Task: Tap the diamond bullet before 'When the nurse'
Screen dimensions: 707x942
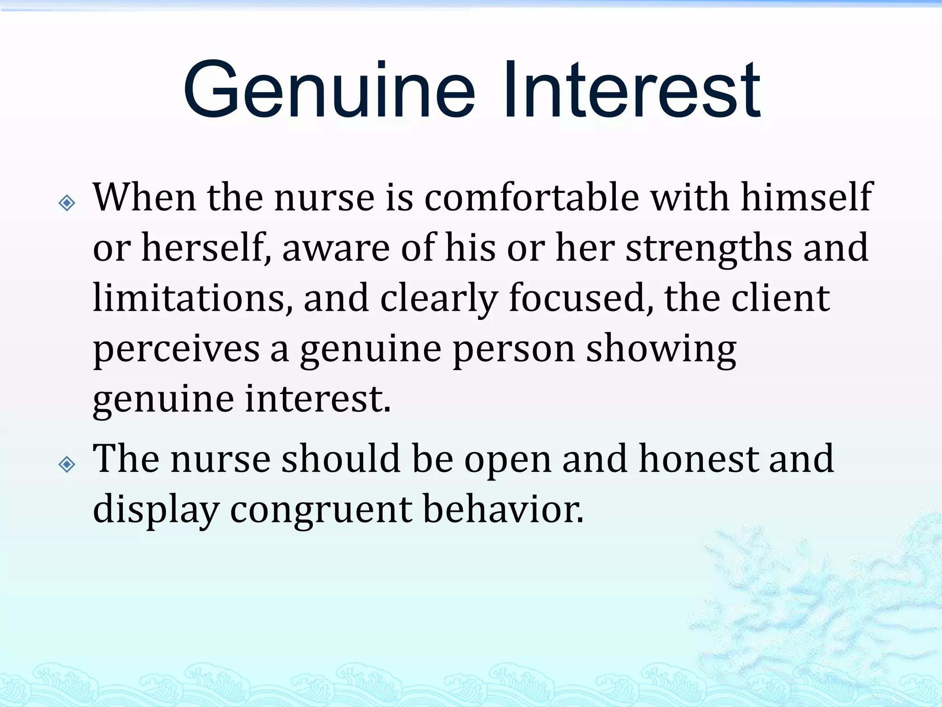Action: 67,203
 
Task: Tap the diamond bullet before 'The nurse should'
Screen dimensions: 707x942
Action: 67,464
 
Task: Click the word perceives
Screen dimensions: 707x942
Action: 176,350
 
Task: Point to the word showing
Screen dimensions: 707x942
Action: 661,350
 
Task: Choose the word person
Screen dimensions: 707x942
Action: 514,350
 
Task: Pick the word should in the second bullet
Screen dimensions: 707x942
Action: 340,459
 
